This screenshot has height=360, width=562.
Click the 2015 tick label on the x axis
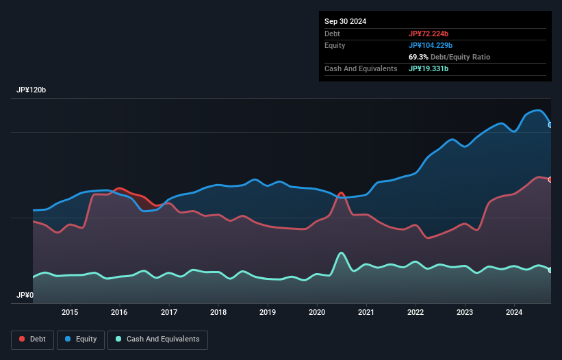[70, 313]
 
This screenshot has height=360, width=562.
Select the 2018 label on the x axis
[218, 313]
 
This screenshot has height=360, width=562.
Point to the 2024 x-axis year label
[514, 313]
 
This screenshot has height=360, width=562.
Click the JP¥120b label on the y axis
[31, 90]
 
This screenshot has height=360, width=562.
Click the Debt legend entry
[31, 339]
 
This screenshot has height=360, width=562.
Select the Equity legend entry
[80, 339]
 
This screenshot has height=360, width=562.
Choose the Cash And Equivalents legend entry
[157, 339]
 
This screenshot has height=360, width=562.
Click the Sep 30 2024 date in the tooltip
[345, 21]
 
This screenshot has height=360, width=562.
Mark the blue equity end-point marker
[550, 125]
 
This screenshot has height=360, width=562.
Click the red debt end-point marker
[550, 179]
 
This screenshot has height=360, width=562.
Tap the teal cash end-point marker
[550, 270]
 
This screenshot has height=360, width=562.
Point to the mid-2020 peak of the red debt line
[341, 193]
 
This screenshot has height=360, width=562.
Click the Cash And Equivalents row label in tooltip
[361, 68]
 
